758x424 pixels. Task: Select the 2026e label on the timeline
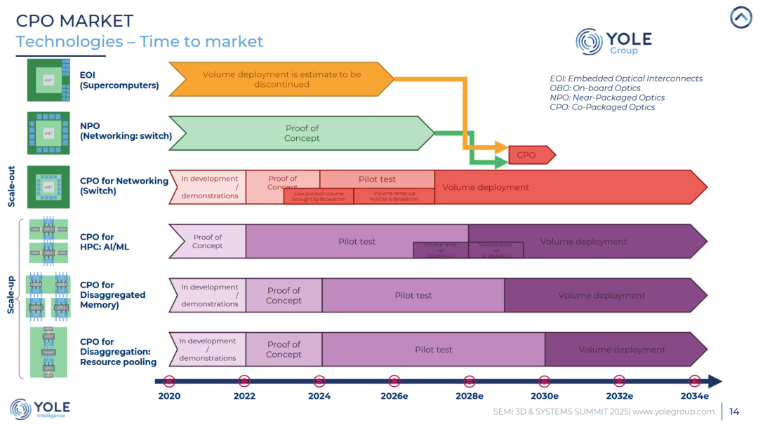point(394,396)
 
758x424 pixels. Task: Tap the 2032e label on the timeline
point(620,396)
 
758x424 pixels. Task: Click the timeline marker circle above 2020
point(169,381)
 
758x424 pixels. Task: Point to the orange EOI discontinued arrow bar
point(281,79)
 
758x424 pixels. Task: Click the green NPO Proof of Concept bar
point(302,133)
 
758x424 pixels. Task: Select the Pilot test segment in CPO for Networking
point(378,179)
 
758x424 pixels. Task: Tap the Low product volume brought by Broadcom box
point(319,196)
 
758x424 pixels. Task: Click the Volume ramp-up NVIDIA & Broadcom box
point(394,196)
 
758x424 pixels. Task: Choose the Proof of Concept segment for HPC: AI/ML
point(207,241)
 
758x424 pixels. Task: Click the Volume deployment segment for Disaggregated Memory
point(602,295)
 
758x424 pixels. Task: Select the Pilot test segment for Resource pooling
point(433,350)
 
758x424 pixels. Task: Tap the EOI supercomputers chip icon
point(48,80)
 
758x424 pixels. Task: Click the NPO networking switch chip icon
point(48,132)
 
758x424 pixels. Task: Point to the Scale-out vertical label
point(12,186)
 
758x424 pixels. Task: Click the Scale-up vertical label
point(12,294)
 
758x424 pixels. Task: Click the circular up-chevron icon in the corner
point(740,18)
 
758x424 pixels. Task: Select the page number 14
point(734,411)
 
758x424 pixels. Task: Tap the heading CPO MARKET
point(74,21)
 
